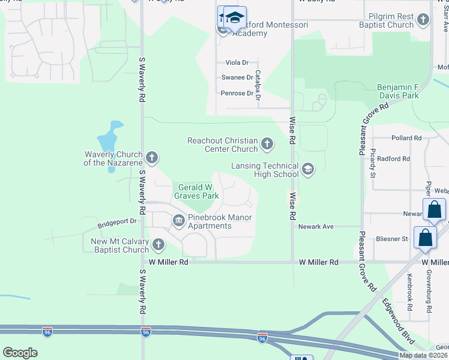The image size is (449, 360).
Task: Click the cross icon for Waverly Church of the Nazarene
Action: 152,158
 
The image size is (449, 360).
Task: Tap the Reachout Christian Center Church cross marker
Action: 267,144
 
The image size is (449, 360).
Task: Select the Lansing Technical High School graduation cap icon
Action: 308,169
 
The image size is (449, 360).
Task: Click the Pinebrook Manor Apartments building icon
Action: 178,221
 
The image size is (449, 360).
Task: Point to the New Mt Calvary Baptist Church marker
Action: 158,245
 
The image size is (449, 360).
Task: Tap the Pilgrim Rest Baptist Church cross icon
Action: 423,20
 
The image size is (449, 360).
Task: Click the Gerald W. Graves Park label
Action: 196,191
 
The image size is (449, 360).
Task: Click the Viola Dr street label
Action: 237,62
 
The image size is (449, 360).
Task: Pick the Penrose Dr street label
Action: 237,93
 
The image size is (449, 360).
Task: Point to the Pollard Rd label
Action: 406,138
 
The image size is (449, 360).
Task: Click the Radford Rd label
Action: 394,158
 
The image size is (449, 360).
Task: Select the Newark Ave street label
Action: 316,227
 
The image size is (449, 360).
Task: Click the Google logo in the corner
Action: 20,353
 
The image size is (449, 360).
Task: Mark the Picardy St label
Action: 373,164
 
